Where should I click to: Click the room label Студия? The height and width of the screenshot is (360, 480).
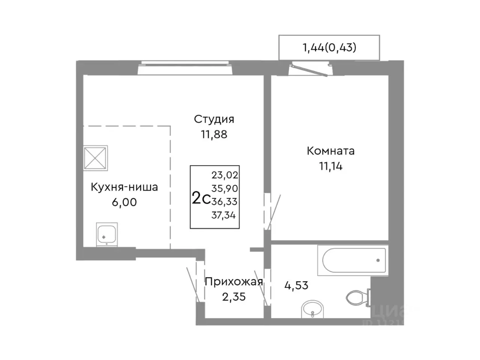coord(214,119)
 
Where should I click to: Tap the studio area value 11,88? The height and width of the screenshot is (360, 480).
coord(214,134)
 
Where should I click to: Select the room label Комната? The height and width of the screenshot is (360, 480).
coord(330,151)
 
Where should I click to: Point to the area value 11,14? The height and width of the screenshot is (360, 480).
coord(330,166)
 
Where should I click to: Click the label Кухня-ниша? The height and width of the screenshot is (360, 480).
coord(124,187)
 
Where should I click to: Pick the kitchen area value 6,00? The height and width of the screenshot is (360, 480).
coord(124,202)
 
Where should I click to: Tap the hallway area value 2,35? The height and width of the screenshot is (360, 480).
coord(233,297)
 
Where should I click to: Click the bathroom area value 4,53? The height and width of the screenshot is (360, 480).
coord(296,285)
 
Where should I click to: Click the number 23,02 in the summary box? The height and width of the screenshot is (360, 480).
coord(225,175)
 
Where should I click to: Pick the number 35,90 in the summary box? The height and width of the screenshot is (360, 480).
coord(225,188)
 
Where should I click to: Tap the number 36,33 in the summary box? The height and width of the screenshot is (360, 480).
coord(225,202)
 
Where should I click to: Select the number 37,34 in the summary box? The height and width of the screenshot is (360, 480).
coord(225,215)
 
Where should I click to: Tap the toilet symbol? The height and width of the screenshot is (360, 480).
coord(357,298)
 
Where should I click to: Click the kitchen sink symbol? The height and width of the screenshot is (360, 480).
coord(107,234)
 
